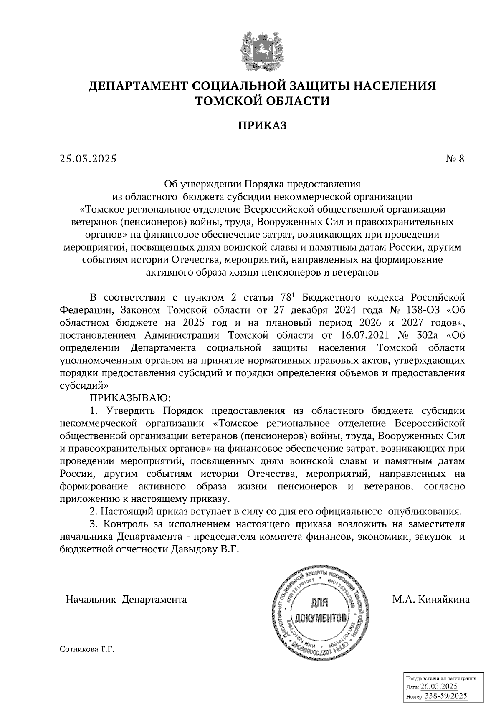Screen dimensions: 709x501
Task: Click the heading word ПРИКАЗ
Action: pos(263,125)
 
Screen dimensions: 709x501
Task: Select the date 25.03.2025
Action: pos(88,159)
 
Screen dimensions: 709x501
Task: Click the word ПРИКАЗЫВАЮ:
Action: pos(132,397)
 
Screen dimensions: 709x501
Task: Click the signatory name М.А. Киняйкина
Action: pos(430,600)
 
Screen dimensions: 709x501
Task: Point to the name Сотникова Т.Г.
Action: pos(87,650)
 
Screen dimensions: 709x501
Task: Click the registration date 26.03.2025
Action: pos(439,687)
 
